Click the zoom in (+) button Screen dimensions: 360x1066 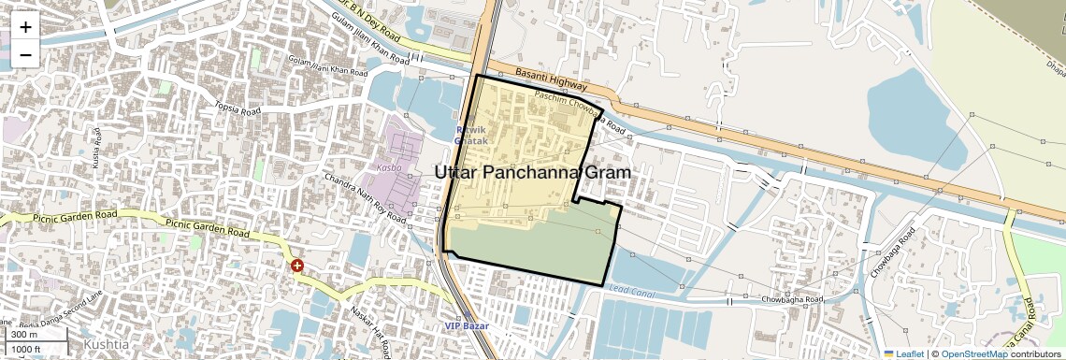coord(25,27)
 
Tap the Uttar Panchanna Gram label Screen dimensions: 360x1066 coord(532,173)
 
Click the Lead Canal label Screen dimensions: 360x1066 coord(629,290)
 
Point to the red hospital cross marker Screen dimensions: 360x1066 coord(297,266)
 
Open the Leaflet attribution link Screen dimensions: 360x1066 coord(903,353)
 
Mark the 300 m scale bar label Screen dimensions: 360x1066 coord(24,334)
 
